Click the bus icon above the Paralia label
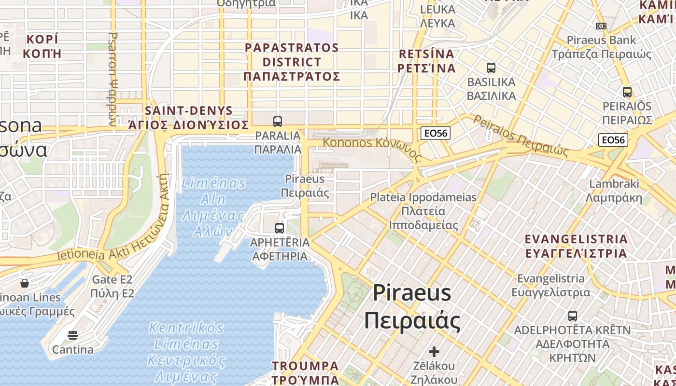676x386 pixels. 277,122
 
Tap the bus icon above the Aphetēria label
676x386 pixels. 279,228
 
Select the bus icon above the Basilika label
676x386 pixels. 491,68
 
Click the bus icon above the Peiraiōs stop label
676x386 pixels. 627,92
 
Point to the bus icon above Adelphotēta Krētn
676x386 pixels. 572,316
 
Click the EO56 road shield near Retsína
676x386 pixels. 435,133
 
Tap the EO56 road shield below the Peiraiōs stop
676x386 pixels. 613,140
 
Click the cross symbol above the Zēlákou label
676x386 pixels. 434,352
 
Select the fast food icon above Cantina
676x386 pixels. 73,335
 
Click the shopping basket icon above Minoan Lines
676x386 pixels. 25,283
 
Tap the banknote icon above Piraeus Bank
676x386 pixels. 601,26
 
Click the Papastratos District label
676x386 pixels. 292,62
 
